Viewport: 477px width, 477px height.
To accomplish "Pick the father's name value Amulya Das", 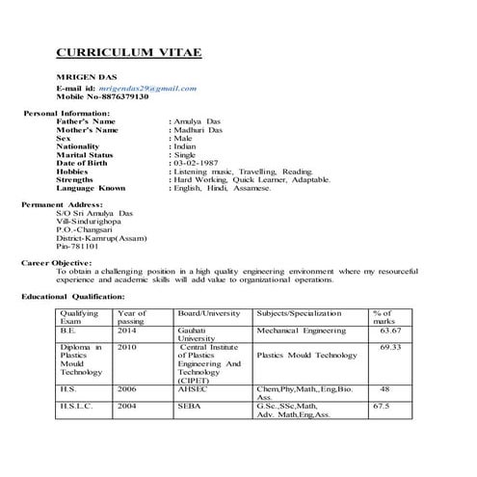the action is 197,122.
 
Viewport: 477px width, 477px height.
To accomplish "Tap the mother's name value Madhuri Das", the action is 199,130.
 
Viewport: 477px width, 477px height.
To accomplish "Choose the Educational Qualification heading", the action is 73,296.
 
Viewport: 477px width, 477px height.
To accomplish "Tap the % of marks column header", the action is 384,318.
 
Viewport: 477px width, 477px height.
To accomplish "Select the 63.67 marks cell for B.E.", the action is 390,330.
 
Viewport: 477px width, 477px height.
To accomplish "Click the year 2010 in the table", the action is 127,345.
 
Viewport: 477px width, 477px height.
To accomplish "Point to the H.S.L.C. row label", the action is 76,406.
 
